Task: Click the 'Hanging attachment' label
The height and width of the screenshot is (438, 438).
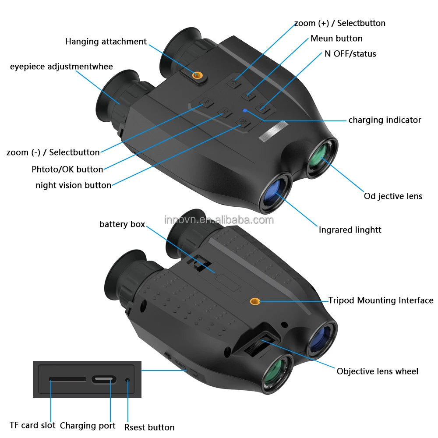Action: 106,42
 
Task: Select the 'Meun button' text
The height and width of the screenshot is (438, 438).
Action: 336,39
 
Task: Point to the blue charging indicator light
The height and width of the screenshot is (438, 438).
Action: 245,111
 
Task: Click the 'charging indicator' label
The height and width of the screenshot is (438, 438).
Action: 385,120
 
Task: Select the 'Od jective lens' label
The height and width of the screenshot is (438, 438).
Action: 393,196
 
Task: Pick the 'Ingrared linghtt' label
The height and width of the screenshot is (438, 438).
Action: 350,230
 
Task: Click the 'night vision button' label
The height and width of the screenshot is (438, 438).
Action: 73,185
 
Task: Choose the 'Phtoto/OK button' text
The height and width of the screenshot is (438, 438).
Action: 67,170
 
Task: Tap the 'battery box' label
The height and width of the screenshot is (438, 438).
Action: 122,224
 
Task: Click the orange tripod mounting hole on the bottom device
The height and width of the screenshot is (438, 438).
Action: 254,301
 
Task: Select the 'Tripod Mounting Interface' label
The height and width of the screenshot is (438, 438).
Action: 381,300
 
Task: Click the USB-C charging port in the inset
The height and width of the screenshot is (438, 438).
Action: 104,379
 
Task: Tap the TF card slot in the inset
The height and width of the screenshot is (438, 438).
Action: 67,379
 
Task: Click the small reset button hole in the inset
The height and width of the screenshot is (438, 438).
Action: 127,380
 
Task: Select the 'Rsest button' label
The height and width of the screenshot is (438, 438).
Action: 149,427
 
